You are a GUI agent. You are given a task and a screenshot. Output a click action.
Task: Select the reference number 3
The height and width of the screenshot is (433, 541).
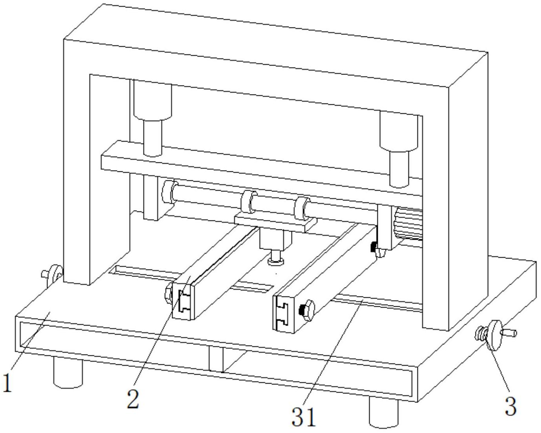(510, 406)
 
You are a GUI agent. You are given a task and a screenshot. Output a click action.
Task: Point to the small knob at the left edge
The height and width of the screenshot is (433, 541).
(52, 275)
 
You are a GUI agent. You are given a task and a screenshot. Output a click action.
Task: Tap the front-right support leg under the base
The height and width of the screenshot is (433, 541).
(384, 411)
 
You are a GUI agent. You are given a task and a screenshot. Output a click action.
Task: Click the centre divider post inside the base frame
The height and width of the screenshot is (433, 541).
(216, 359)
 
